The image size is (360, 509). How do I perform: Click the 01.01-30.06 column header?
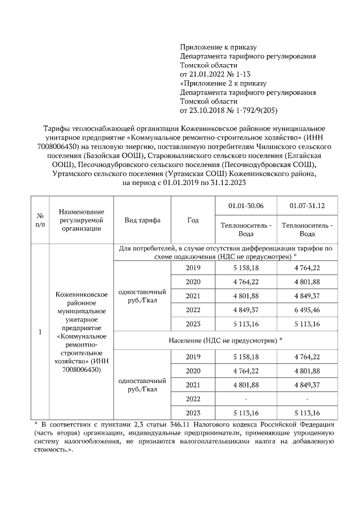[245, 206]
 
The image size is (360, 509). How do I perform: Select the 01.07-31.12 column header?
[307, 206]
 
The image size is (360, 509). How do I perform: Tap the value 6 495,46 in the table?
[307, 309]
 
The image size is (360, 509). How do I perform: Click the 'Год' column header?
[193, 220]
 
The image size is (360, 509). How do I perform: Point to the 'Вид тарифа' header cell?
[142, 220]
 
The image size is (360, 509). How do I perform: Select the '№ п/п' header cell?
[40, 220]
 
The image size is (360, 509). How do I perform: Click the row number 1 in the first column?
[40, 332]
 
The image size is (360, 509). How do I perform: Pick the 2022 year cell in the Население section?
[193, 399]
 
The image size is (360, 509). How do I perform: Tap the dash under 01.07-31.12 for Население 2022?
[307, 399]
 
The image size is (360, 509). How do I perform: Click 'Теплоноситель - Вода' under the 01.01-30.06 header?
[245, 229]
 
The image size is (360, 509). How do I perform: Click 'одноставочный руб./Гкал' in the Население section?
[142, 385]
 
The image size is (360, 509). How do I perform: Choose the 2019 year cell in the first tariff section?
[193, 268]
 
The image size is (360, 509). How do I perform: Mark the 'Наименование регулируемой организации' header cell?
[82, 220]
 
